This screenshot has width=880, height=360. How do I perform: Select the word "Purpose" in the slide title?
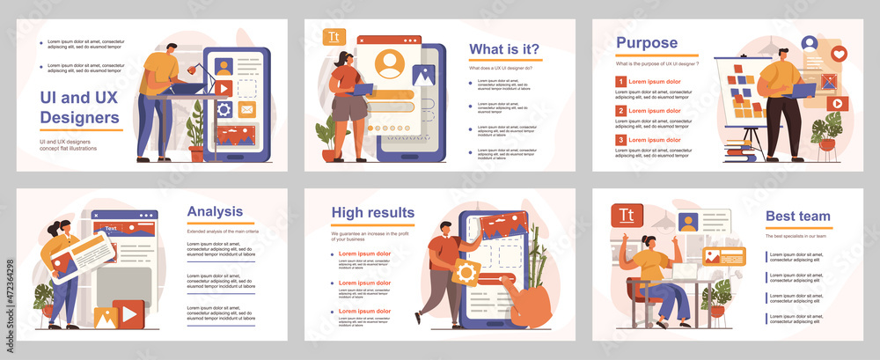646,42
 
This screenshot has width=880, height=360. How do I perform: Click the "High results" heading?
372,212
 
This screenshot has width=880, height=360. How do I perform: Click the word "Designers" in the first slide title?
79,117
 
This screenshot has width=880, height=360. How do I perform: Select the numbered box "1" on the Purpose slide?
620,82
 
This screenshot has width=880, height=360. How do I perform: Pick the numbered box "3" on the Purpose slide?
620,140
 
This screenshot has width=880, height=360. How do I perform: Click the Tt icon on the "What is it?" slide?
333,36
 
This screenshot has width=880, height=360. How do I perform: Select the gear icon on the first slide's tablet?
224,110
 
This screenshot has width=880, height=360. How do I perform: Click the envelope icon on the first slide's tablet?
246,110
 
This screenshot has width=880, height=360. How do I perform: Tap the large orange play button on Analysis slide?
129,312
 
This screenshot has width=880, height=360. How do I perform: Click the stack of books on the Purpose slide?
737,151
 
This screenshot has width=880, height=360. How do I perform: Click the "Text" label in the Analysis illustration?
110,229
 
